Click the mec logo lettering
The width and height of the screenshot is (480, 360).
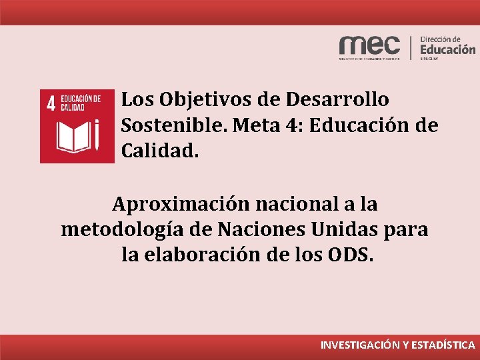369,45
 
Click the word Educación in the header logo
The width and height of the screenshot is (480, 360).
448,49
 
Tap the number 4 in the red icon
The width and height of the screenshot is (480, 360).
50,103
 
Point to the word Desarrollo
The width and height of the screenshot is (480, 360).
337,100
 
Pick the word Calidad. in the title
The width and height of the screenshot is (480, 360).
160,151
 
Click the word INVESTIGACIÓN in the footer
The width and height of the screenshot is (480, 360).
360,345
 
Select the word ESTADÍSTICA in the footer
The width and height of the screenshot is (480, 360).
442,345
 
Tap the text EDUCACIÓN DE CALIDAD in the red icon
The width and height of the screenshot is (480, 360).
81,102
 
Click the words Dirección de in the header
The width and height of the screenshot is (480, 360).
441,39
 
